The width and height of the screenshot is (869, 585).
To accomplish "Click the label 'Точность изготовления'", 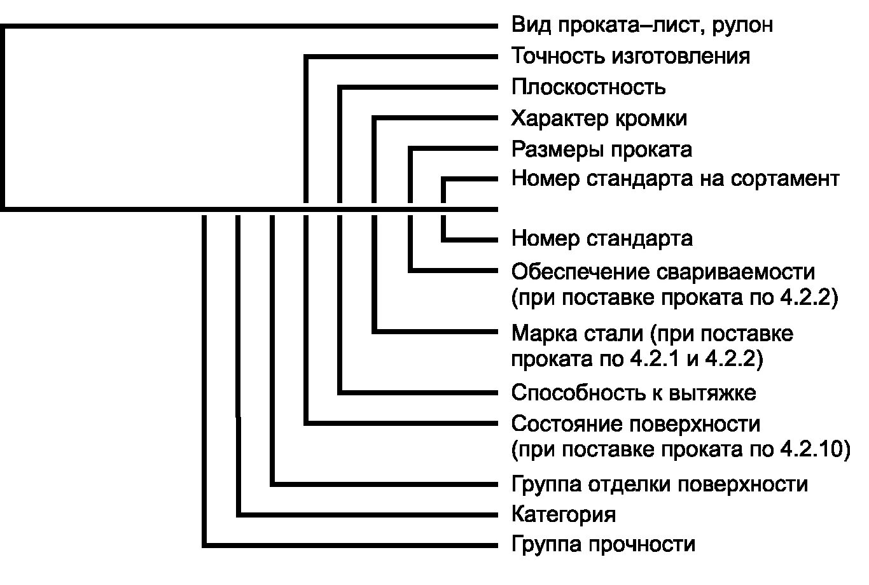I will pyautogui.click(x=630, y=56).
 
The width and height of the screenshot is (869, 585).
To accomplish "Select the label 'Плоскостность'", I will pyautogui.click(x=588, y=87).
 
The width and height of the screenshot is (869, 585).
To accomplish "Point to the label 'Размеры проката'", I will pyautogui.click(x=602, y=150).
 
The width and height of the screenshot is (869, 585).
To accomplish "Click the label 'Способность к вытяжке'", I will pyautogui.click(x=634, y=392).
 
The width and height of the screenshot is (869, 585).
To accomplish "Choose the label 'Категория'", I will pyautogui.click(x=564, y=514).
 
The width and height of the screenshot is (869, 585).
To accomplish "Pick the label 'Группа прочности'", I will pyautogui.click(x=603, y=544).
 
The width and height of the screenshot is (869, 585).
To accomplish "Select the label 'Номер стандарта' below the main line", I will pyautogui.click(x=602, y=239).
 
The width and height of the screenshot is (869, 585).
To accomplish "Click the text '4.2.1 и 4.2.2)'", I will pyautogui.click(x=696, y=359).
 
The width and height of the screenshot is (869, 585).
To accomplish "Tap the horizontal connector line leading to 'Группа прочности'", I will pyautogui.click(x=350, y=545).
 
